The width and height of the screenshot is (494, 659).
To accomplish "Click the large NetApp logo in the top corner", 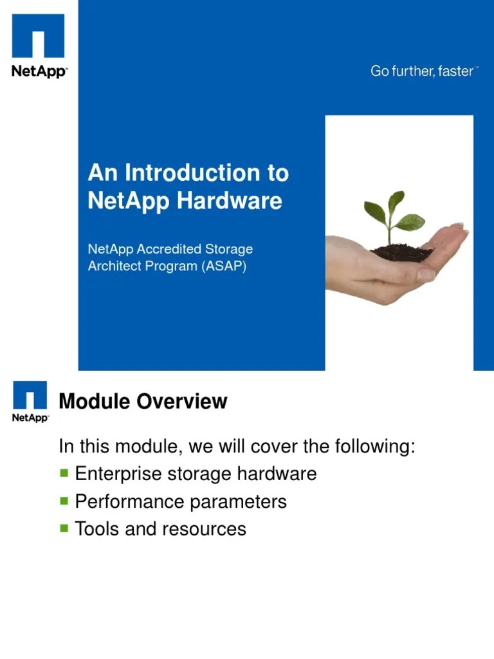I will pos(39,45).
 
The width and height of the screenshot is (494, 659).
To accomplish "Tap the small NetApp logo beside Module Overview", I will pos(30,401).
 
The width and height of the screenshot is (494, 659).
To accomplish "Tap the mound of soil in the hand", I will pos(402,252).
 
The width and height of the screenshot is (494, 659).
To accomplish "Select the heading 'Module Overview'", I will pos(143,402).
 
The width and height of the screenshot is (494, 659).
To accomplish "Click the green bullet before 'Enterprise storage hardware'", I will pos(64,473).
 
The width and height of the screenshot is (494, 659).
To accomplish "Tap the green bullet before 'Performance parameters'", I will pos(64,501).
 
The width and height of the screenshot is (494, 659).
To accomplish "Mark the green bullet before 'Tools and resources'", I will pos(64,528).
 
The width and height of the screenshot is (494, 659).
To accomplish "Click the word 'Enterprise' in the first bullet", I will pos(118,474).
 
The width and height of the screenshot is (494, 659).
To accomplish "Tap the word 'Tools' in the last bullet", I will pos(95,529).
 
